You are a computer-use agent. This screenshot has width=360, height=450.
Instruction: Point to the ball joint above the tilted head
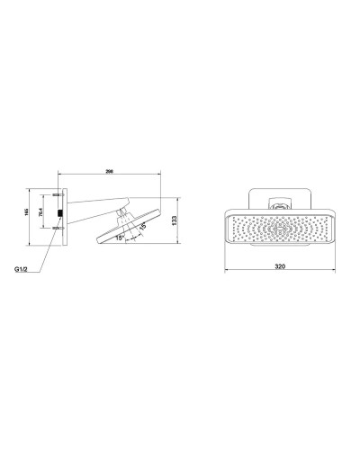pos(123,212)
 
